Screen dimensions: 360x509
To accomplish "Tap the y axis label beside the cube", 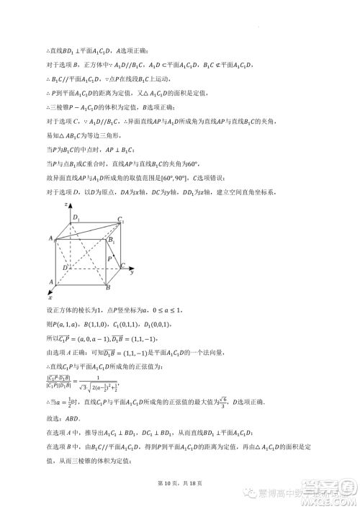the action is coord(132,273).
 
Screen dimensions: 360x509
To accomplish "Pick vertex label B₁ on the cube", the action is coord(111,240).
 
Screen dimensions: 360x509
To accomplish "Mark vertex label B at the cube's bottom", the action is coord(107,288).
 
